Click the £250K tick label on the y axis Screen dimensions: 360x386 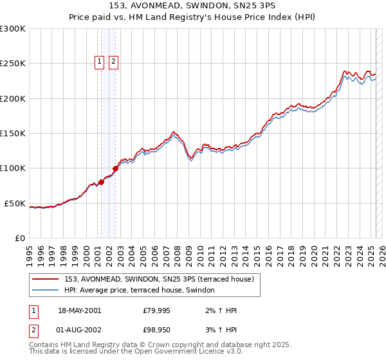coord(12,64)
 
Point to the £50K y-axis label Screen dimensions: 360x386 coord(14,203)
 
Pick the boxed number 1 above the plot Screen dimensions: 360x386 coord(100,62)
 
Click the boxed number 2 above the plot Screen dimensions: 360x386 coord(113,62)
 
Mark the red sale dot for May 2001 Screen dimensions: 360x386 coord(101,182)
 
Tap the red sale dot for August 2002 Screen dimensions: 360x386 coord(115,168)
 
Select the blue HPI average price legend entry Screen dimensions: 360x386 coord(143,291)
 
